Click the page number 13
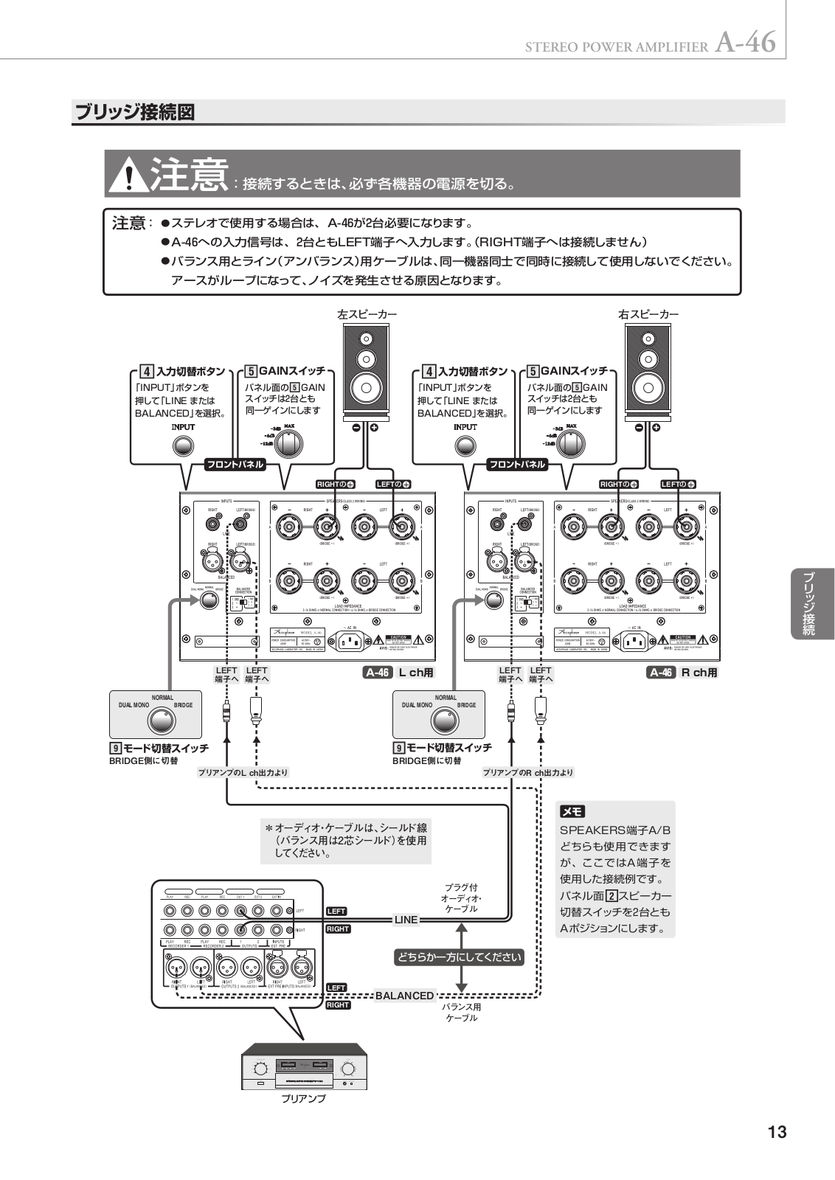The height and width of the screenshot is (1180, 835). [777, 1132]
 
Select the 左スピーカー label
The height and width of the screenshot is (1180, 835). [367, 314]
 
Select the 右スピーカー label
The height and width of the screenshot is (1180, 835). [648, 314]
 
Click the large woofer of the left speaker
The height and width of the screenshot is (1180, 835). [367, 386]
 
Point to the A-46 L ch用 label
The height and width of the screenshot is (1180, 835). [399, 673]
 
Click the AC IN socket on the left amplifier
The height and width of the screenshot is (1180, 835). [350, 641]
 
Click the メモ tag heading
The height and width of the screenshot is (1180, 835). [572, 812]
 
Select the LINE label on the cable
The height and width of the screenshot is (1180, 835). [406, 920]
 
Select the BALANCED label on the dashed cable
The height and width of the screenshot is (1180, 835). [404, 996]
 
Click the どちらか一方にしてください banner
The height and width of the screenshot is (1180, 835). [460, 957]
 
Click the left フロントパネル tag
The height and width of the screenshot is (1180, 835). [234, 465]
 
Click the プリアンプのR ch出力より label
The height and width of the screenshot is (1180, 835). [527, 773]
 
